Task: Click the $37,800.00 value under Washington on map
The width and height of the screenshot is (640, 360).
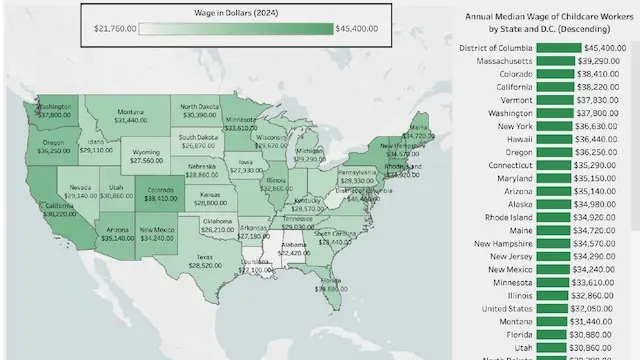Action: (x=54, y=115)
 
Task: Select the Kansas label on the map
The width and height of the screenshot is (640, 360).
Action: (x=209, y=195)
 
